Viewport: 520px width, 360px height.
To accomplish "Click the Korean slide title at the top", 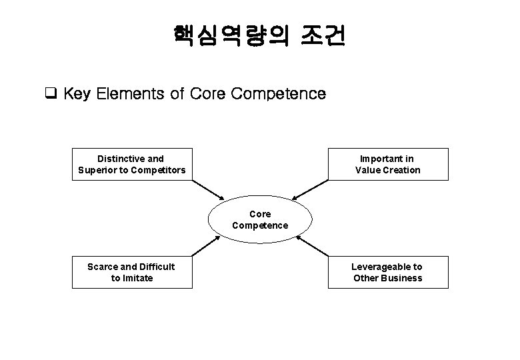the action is coord(259,36).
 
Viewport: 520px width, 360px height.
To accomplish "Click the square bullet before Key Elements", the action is coord(49,93).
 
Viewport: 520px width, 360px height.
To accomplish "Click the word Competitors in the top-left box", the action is coord(159,170).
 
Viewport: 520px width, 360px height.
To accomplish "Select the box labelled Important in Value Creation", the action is coord(387,164).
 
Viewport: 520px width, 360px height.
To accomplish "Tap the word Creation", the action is coord(401,170).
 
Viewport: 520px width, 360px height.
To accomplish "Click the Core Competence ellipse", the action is coord(260,219).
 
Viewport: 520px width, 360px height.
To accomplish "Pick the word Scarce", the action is coord(103,267).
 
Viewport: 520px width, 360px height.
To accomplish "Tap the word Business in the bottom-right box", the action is coord(402,278).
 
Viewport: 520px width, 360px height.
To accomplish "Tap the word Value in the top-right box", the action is coord(367,170).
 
